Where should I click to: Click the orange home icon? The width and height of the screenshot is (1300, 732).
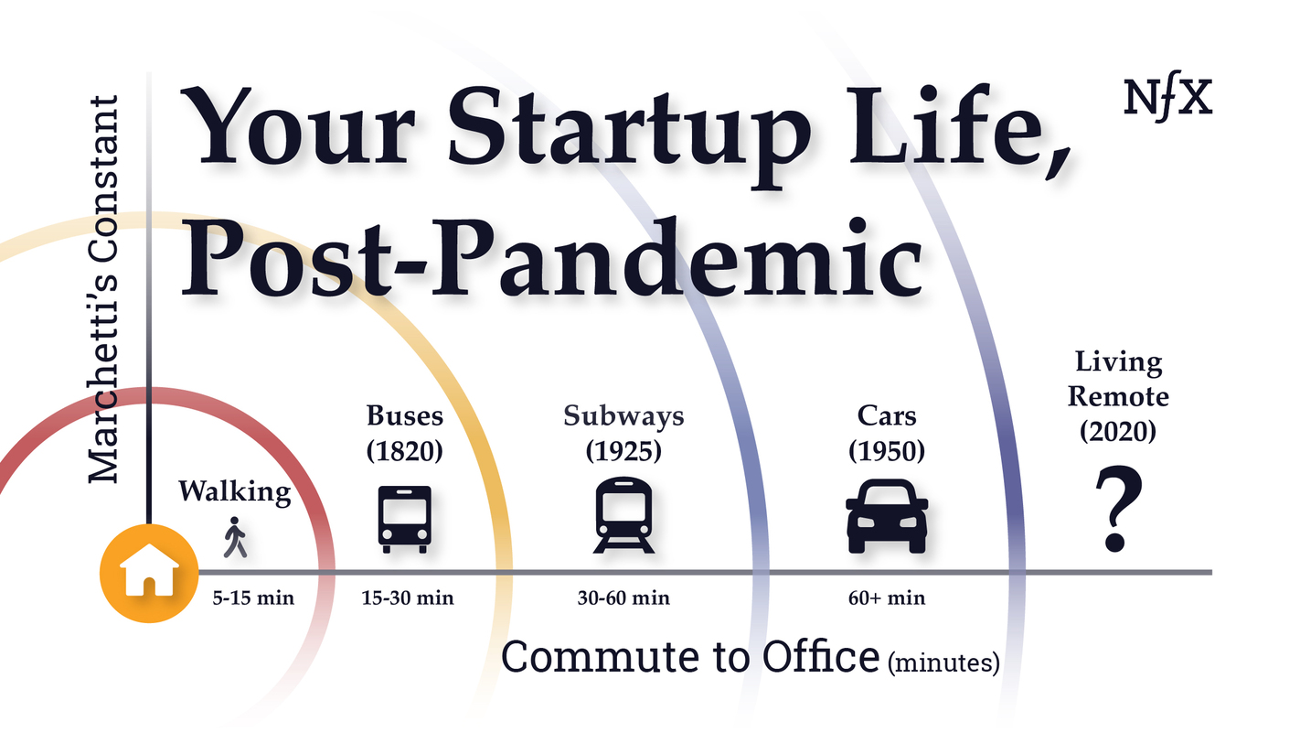[x=148, y=572]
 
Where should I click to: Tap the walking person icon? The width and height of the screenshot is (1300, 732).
[x=235, y=538]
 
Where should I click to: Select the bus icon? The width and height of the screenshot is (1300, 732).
[x=404, y=519]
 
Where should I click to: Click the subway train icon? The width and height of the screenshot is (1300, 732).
[x=624, y=515]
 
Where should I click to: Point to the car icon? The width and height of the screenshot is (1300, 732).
[x=887, y=519]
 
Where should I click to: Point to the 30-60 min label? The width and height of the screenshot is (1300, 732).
[x=624, y=599]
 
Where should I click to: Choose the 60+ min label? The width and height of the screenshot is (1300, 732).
[x=887, y=599]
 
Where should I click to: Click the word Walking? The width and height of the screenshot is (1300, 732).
[x=235, y=491]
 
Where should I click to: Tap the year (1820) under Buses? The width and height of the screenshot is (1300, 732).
[x=405, y=451]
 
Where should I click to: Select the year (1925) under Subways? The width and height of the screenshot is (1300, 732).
[x=624, y=451]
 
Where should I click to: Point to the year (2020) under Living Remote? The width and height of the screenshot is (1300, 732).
[x=1118, y=431]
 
